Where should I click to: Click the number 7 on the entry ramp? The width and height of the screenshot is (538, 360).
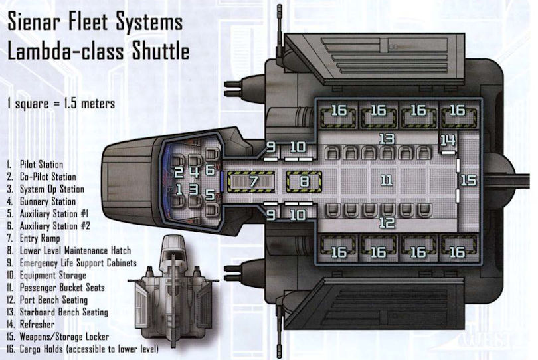click(x=253, y=180)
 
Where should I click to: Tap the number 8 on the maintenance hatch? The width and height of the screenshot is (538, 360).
click(x=304, y=180)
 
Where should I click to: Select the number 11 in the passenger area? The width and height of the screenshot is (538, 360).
click(x=387, y=180)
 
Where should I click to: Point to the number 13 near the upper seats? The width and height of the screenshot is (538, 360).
click(x=387, y=139)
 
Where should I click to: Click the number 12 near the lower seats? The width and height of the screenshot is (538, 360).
click(x=387, y=223)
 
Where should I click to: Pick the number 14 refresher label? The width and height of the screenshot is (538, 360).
click(x=449, y=140)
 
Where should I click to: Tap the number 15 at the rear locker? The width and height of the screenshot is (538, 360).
click(x=468, y=180)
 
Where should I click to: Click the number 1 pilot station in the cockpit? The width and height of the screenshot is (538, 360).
click(x=178, y=189)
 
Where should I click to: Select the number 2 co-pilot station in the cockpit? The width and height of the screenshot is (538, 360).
click(x=178, y=172)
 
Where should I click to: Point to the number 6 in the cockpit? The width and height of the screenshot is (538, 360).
click(x=210, y=170)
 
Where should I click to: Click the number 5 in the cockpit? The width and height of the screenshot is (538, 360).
click(x=210, y=195)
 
